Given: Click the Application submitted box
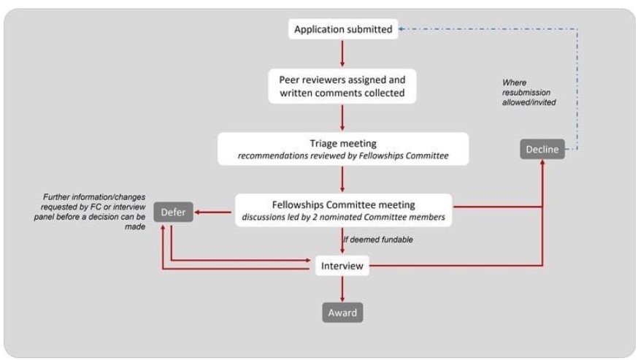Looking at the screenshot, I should (x=342, y=30).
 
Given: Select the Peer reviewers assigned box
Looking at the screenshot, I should (x=342, y=85).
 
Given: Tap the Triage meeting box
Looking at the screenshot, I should (x=342, y=148).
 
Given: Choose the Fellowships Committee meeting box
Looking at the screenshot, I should (x=342, y=210).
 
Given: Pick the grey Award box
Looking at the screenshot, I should (x=342, y=313).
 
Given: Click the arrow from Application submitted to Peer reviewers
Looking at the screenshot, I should (x=342, y=54).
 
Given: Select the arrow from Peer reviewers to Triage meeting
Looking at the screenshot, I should (x=342, y=117).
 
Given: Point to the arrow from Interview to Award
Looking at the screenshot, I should (x=342, y=289).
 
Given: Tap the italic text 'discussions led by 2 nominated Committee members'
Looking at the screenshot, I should (x=342, y=216).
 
